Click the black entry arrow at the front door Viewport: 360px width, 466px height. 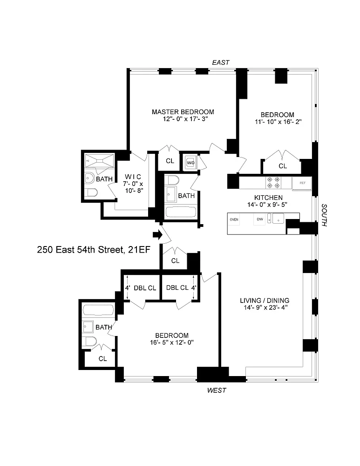click(x=158, y=235)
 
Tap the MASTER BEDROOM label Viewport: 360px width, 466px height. click(x=183, y=112)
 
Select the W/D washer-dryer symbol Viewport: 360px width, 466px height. click(x=190, y=163)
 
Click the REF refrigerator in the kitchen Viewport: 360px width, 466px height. click(x=302, y=183)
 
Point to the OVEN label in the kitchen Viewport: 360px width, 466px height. click(x=234, y=219)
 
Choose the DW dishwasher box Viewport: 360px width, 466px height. click(x=259, y=219)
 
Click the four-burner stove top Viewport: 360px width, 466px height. click(x=273, y=183)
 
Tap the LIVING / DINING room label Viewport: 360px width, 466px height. click(x=265, y=301)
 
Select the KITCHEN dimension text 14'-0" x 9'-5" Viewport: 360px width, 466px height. click(x=267, y=205)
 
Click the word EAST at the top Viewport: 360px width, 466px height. click(x=221, y=62)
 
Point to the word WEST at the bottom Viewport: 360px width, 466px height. click(x=217, y=390)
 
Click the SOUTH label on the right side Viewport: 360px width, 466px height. click(x=324, y=215)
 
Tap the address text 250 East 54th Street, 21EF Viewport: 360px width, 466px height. click(x=94, y=250)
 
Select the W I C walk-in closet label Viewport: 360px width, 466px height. click(x=133, y=177)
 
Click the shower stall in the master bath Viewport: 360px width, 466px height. click(x=100, y=161)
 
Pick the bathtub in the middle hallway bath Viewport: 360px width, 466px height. click(x=181, y=212)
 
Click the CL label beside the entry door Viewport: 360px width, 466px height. click(x=175, y=260)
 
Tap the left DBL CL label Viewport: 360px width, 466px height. click(x=145, y=288)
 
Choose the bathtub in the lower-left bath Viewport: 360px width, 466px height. click(x=98, y=310)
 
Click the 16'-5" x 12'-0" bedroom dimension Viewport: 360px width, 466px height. click(x=172, y=343)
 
